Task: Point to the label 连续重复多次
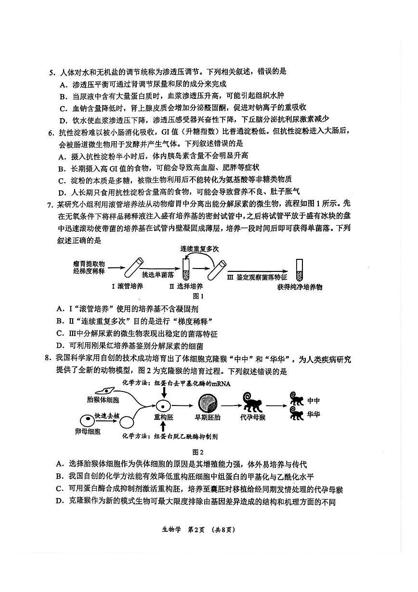click(x=199, y=249)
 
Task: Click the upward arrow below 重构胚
click(x=163, y=427)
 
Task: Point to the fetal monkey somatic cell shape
click(x=104, y=391)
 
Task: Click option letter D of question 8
click(x=60, y=501)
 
